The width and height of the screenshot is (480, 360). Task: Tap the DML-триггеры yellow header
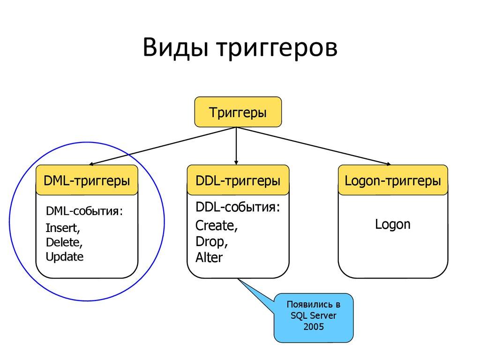click(x=87, y=180)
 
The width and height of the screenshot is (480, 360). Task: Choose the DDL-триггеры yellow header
click(x=238, y=180)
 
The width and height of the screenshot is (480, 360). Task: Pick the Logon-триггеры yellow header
click(x=392, y=180)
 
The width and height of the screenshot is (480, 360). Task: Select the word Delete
click(x=64, y=242)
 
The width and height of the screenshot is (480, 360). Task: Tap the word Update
click(x=65, y=256)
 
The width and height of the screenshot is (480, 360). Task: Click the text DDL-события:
click(x=238, y=208)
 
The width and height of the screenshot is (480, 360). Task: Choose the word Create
click(x=216, y=225)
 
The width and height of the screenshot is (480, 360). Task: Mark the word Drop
click(x=211, y=241)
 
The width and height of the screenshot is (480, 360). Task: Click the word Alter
click(x=209, y=257)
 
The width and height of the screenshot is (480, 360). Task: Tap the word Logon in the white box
click(x=392, y=225)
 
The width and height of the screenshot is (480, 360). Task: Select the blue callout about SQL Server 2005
click(x=313, y=318)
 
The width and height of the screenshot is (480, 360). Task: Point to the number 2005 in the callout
click(x=313, y=327)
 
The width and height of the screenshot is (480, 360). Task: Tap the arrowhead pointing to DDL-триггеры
click(x=236, y=162)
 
